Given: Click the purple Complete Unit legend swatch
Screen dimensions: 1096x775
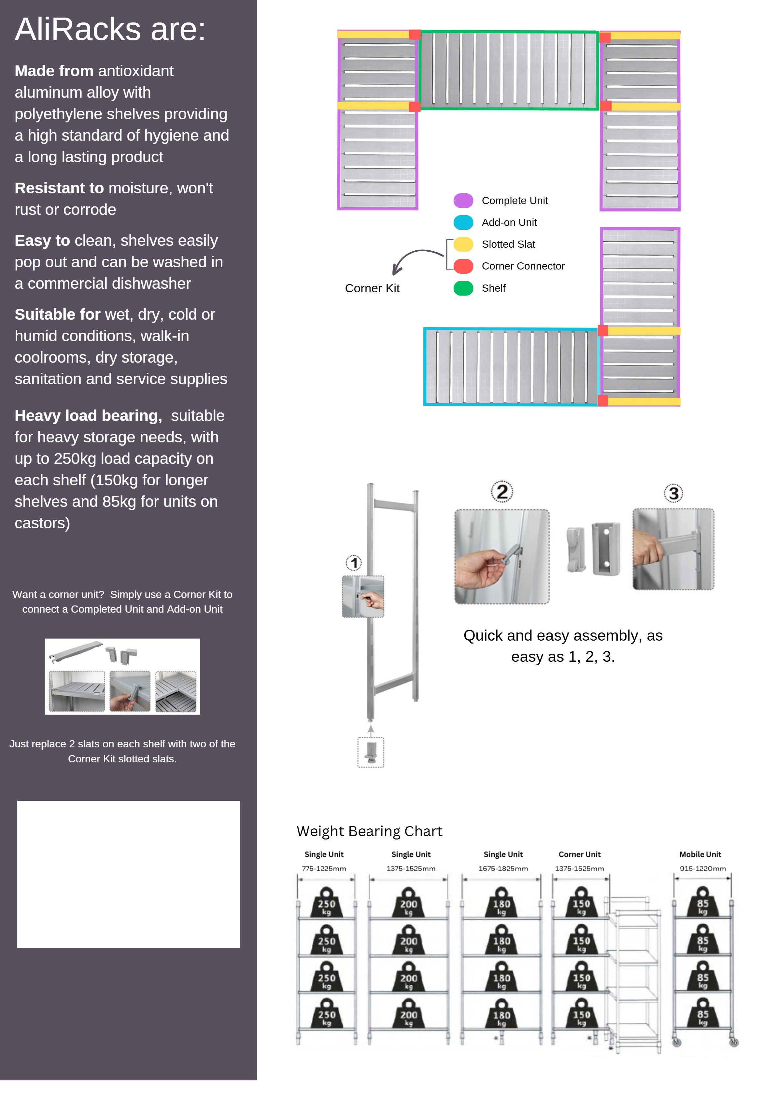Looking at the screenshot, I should (x=463, y=201).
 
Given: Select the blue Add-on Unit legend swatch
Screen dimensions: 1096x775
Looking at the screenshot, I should (x=463, y=222).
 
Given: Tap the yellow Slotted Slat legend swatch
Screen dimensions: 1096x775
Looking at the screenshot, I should (x=463, y=244).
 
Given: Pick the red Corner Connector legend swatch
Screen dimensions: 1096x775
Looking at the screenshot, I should (x=463, y=266).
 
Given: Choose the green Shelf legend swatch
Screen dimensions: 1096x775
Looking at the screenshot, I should (x=463, y=288).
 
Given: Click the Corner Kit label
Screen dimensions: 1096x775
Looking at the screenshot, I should (x=372, y=288).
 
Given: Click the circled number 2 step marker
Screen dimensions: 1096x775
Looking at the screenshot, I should (x=502, y=492).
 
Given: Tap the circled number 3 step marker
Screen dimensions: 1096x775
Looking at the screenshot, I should (x=673, y=493).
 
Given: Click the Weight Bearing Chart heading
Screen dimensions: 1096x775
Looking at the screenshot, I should (x=369, y=831).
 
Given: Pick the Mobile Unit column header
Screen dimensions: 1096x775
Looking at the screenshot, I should (x=700, y=854).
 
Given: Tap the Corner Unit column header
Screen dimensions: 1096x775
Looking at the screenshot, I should (x=579, y=854).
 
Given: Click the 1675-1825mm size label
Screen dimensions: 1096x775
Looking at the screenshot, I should (x=503, y=868).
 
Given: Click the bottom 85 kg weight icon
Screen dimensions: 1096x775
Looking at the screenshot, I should (x=702, y=1014).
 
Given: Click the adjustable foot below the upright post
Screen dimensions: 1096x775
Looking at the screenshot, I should (x=371, y=752).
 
